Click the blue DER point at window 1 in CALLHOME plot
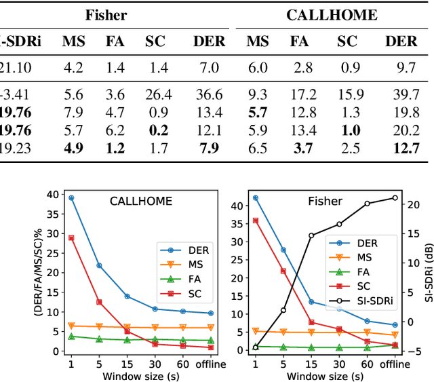(x=71, y=198)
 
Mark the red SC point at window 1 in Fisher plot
(x=256, y=221)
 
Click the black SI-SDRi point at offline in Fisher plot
(x=395, y=198)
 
